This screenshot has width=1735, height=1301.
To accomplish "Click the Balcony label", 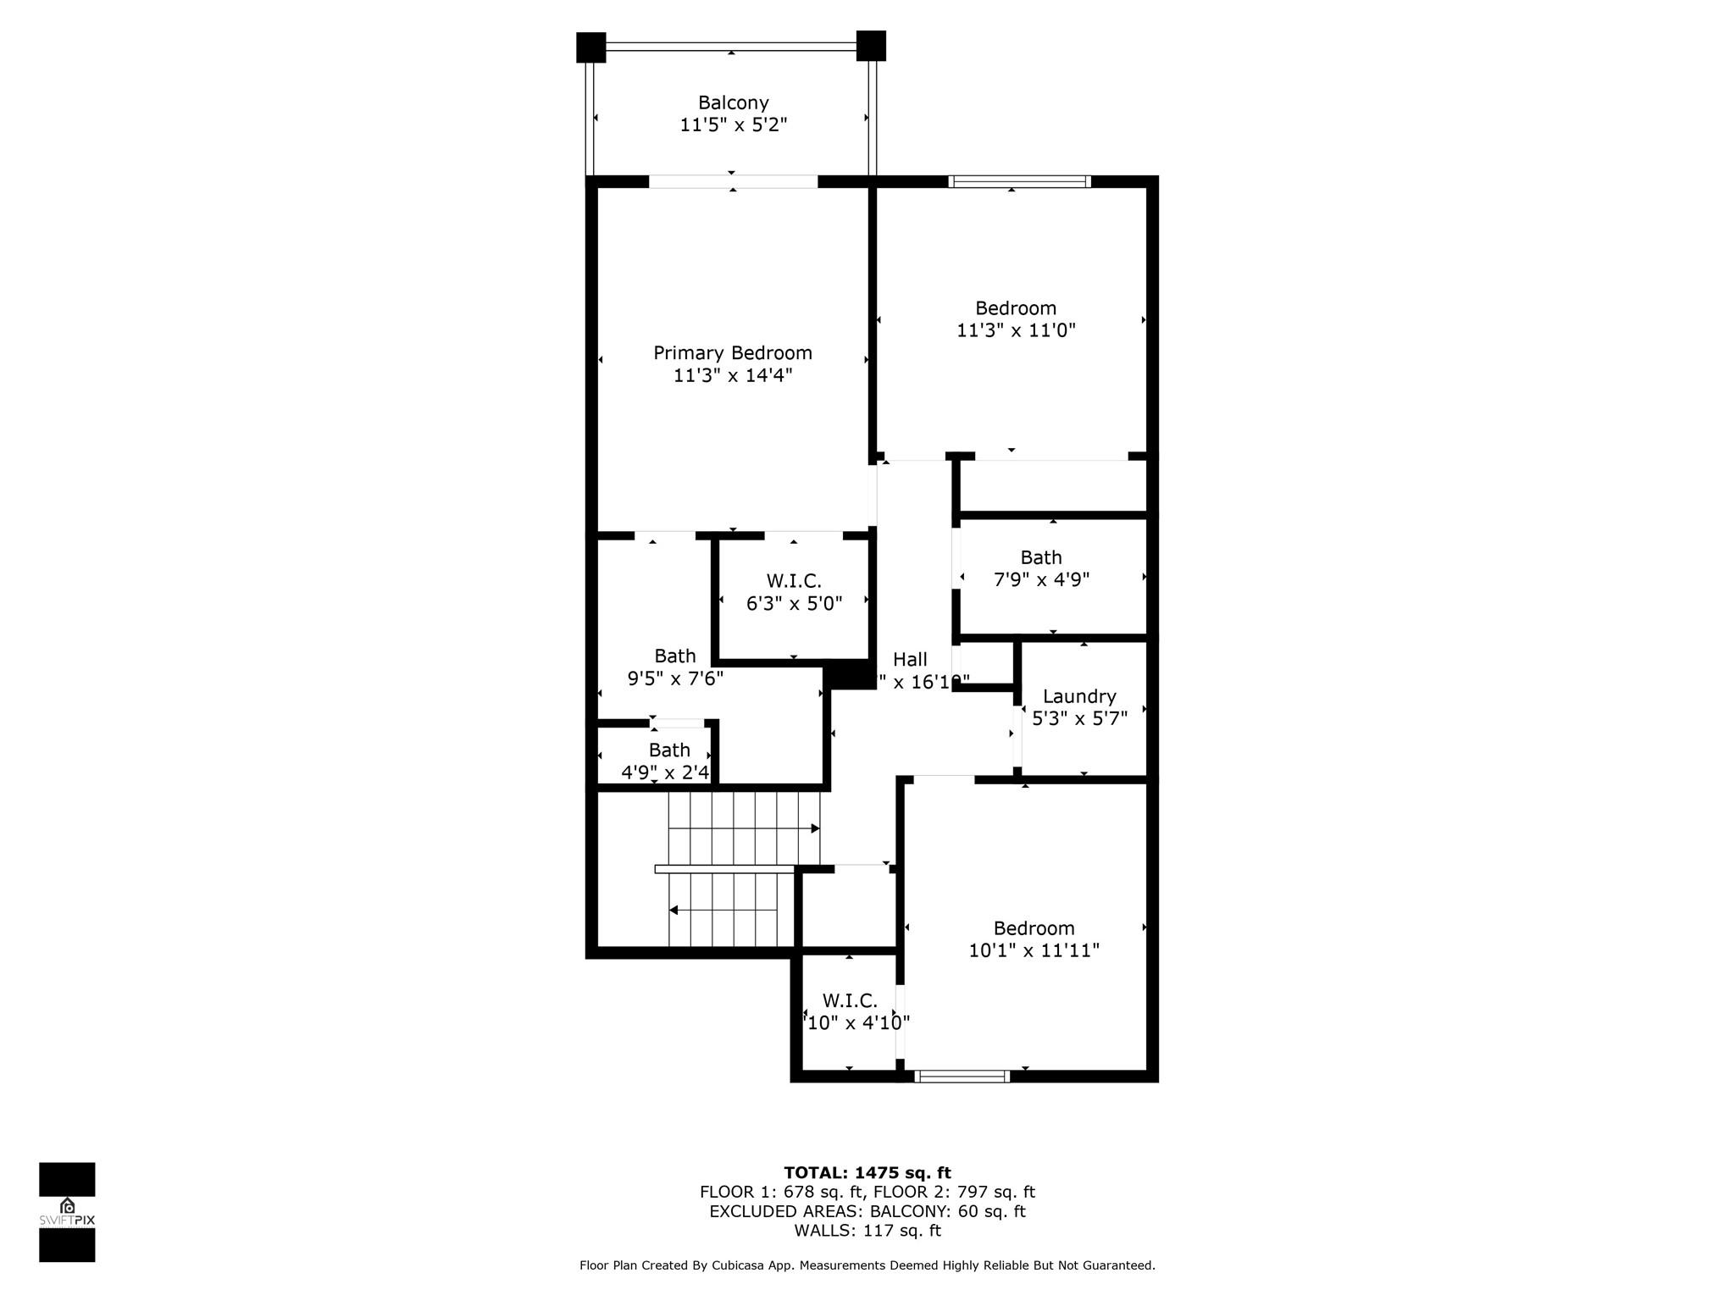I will pos(733,102).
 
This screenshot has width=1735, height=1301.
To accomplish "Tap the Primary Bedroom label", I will pos(732,352).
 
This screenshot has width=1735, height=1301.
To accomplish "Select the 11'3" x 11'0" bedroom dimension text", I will pos(1015,330).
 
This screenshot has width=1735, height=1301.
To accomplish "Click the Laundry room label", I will pos(1078,696).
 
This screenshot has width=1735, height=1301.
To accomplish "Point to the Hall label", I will pos(910,659).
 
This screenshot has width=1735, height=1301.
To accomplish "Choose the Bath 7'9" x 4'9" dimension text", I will pos(1040,579).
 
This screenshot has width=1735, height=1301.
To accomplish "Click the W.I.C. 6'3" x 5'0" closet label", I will pos(794,581).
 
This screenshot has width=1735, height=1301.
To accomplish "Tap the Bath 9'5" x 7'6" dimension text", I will pos(675,678).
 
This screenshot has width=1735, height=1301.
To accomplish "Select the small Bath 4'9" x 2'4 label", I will pos(668,750).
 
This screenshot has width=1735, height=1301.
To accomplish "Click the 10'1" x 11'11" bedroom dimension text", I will pos(1034,950).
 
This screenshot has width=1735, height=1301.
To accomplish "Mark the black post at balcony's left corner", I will pos(590,47).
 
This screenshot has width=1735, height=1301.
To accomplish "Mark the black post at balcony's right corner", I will pos(871,46).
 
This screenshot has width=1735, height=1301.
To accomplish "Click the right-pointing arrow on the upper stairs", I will pos(814,828).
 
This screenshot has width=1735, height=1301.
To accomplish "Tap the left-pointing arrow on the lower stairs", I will pos(674,911).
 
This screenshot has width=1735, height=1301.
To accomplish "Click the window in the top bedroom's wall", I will pos(1019,181).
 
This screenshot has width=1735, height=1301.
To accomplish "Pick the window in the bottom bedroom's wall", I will pos(962,1077).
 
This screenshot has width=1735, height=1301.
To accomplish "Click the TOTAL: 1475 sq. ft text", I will pos(867,1172).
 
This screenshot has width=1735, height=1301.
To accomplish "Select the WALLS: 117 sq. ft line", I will pos(867,1231).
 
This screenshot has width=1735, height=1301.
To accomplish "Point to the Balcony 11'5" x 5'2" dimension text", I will pos(733,125).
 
